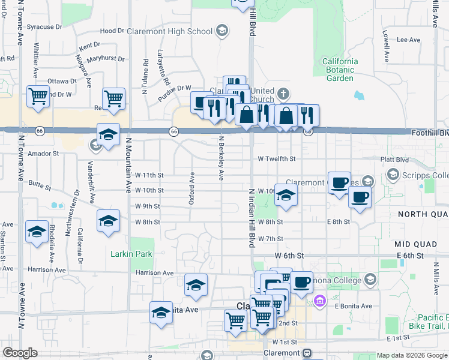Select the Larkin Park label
point(131,254)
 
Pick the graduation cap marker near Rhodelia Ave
point(37,232)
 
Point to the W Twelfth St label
point(277,159)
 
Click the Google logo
point(20,353)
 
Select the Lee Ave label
point(408,40)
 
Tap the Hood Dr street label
point(112,31)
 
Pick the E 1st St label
point(397,338)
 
